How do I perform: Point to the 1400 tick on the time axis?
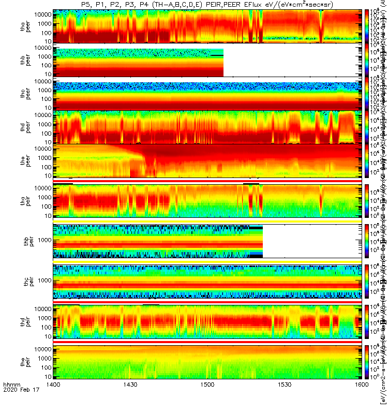tap(53, 400)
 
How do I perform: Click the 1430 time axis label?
tap(130, 400)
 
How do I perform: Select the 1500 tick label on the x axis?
tap(207, 400)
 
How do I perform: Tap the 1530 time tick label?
tap(284, 400)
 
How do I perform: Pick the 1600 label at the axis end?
tap(361, 400)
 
